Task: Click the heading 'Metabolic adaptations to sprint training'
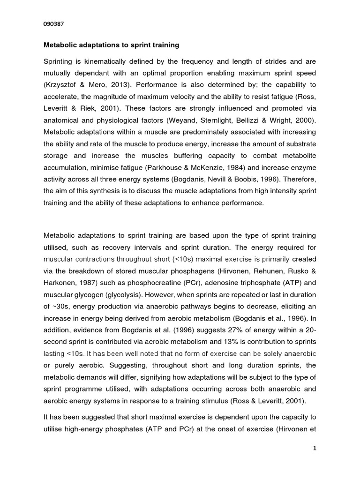pyautogui.click(x=111, y=46)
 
